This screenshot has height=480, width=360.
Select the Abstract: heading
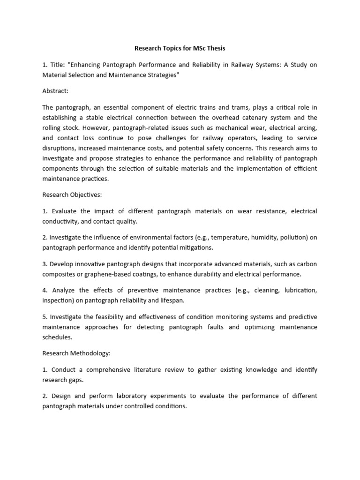(55, 91)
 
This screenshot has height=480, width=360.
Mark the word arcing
(304, 128)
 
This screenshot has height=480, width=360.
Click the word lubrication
(299, 290)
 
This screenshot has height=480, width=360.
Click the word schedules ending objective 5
(57, 337)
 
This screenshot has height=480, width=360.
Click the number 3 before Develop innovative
(44, 264)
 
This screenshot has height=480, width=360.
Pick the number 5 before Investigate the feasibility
(44, 316)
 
